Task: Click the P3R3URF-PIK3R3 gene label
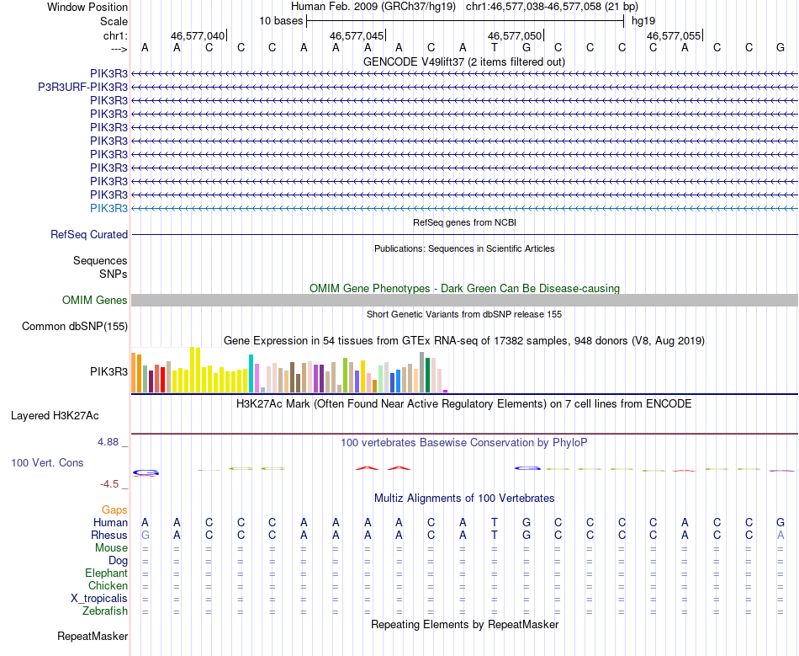[83, 87]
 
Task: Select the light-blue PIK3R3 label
[108, 208]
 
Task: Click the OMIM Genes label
[95, 301]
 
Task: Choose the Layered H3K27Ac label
[55, 415]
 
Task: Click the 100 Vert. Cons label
[48, 463]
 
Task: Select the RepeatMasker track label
[93, 636]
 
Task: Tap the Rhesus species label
[109, 535]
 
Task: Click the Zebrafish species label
[105, 611]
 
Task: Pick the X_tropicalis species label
[99, 598]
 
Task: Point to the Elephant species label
[106, 573]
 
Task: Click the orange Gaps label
[114, 509]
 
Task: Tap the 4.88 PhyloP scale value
[111, 441]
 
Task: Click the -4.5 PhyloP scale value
[112, 484]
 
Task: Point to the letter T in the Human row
[495, 523]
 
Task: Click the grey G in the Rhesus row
[146, 535]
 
